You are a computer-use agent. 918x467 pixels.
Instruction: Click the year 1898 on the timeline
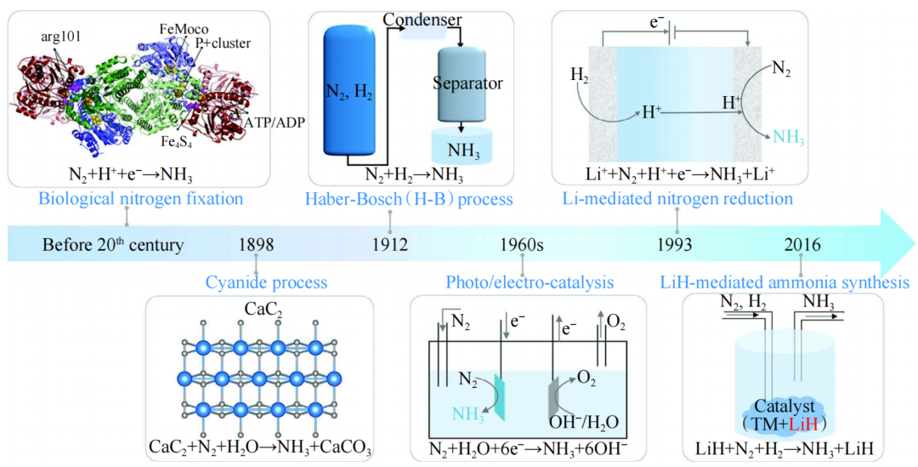257,246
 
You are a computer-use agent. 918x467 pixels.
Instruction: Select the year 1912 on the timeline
390,246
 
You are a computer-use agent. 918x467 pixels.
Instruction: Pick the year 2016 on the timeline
804,246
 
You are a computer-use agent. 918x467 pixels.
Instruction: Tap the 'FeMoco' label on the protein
179,29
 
